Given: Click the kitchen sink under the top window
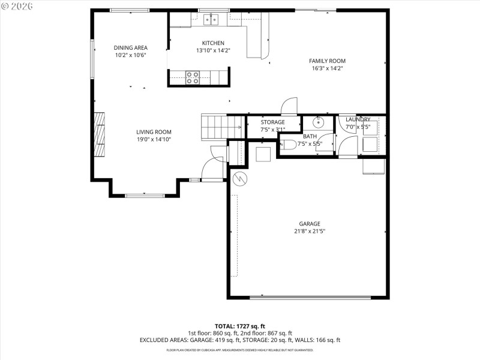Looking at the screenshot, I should tap(211, 20).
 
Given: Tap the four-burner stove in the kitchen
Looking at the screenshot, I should tap(193, 77).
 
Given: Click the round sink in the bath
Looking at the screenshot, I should tap(318, 122).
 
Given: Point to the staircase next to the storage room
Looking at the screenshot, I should tap(215, 127).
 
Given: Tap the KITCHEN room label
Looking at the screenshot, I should tap(213, 43).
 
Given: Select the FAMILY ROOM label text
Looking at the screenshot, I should tap(327, 61).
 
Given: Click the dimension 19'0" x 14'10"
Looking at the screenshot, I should tap(154, 140).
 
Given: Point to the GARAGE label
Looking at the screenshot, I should tap(310, 224).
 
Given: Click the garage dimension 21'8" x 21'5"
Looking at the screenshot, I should tap(310, 232).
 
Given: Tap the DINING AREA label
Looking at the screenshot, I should tap(131, 47).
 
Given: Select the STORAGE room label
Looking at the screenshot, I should tap(272, 122).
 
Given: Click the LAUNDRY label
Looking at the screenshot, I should tap(358, 119).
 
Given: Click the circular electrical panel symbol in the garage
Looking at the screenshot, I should tap(240, 179).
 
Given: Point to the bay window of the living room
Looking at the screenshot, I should tap(144, 195).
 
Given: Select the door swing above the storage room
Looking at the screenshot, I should tap(289, 106).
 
